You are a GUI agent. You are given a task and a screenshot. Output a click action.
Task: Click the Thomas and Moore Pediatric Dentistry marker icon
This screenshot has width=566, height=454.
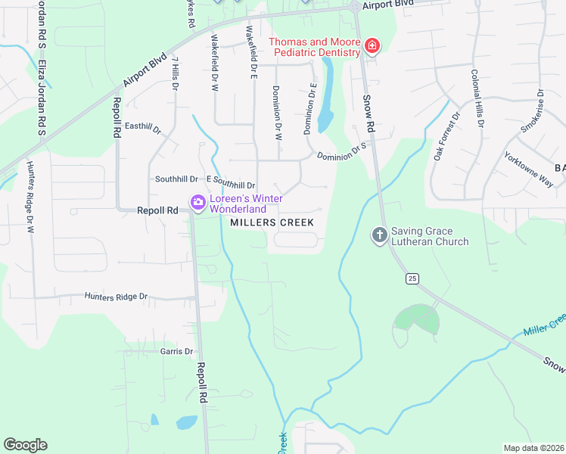coord(372,47)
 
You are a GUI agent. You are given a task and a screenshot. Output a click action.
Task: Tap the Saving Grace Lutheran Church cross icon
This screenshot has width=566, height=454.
coord(380,236)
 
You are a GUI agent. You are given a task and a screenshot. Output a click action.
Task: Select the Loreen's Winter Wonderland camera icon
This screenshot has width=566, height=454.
coord(198,203)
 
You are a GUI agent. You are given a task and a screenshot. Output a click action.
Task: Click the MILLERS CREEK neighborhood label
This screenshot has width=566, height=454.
coord(271,222)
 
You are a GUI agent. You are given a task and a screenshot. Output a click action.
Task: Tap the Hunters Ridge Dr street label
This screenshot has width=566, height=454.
coord(116,297)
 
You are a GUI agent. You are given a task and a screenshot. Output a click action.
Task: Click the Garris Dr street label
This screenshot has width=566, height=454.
coord(177,351)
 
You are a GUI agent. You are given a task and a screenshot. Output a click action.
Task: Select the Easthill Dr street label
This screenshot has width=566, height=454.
coord(143,129)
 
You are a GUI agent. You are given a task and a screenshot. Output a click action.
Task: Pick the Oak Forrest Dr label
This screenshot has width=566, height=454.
coord(446,137)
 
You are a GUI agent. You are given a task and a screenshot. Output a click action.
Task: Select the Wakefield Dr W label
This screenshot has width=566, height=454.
coord(215,64)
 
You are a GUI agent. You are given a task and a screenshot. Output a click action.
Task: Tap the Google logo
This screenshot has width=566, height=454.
coord(25,445)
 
